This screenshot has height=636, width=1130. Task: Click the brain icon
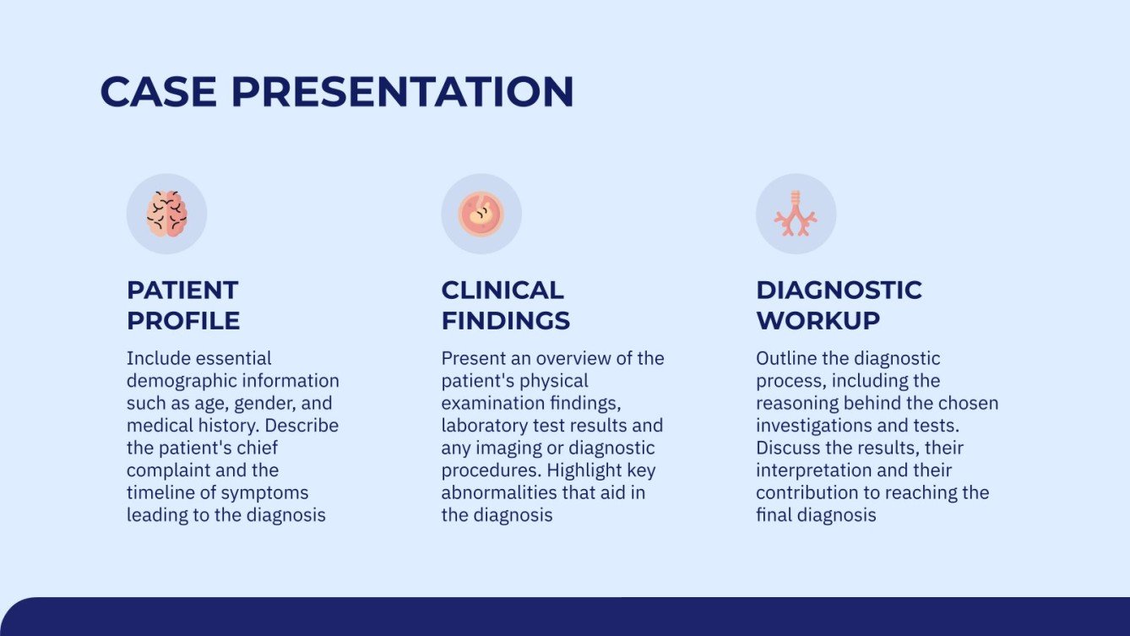[x=166, y=214]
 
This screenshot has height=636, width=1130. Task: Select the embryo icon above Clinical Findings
[x=481, y=214]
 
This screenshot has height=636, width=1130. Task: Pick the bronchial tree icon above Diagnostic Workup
[x=796, y=214]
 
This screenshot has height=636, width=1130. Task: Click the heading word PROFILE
[x=183, y=321]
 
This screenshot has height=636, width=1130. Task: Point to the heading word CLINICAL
[x=502, y=290]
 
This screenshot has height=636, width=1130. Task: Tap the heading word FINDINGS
[x=505, y=321]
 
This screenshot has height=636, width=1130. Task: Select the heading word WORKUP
[x=818, y=321]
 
